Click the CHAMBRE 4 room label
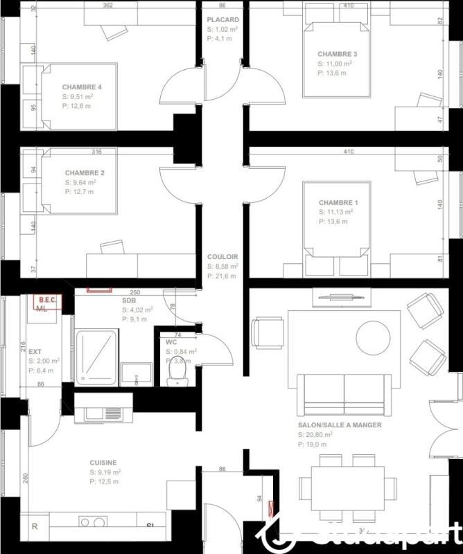(x=82, y=87)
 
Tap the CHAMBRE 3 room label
(x=338, y=54)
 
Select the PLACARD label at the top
(x=222, y=20)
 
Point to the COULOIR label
(x=222, y=256)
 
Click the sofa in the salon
(x=344, y=395)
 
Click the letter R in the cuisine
(x=35, y=526)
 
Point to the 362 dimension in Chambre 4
(x=107, y=6)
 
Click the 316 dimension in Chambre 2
(x=97, y=152)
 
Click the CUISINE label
(x=103, y=463)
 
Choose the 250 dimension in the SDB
(x=134, y=293)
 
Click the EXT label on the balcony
(x=35, y=352)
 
